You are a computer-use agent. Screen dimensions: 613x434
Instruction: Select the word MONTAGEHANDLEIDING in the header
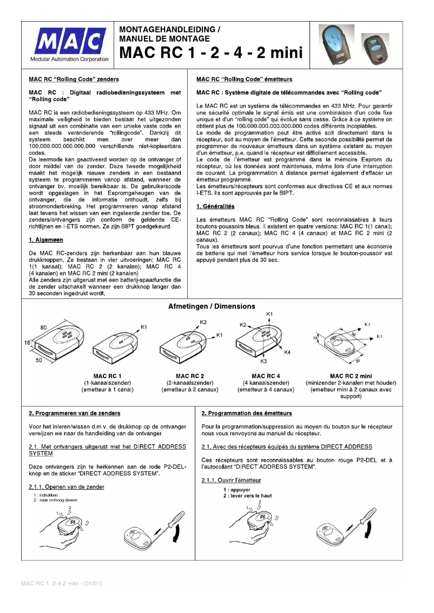tap(166, 30)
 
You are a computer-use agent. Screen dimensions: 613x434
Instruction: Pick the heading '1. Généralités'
tap(219, 206)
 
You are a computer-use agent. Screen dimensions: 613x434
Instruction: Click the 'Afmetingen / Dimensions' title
tap(212, 307)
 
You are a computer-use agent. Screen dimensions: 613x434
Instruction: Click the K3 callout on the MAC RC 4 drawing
tap(264, 361)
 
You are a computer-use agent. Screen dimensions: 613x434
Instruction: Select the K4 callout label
tap(287, 352)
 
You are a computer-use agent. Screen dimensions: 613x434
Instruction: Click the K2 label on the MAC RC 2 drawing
tap(203, 322)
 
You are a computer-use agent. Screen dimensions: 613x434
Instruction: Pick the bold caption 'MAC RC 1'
tap(107, 376)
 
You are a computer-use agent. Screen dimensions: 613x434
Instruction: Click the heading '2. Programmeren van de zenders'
tap(75, 413)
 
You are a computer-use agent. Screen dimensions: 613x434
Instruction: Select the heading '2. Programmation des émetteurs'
tap(247, 413)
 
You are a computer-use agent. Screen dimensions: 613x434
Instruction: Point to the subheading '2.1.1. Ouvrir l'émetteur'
tap(231, 480)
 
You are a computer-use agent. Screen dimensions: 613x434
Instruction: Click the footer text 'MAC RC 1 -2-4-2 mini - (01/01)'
tap(61, 583)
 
